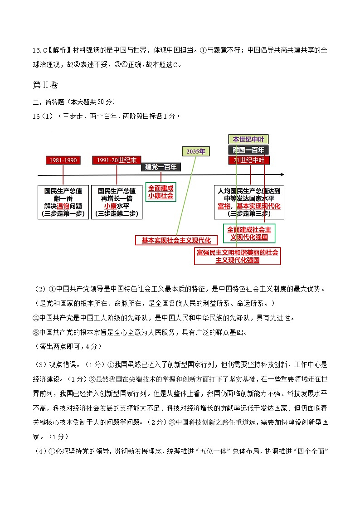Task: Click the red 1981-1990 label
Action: coord(63,160)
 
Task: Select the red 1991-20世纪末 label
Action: coord(117,160)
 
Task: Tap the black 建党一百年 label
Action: coord(161,167)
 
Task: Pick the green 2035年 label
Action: coord(195,151)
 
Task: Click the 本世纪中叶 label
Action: coord(248,139)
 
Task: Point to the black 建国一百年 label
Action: coord(248,150)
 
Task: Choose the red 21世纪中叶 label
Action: coord(248,160)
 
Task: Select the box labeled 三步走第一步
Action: coord(63,202)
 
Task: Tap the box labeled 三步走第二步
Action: coord(117,202)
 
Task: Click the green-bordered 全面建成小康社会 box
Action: coord(161,192)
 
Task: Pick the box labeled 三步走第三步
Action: coord(249,202)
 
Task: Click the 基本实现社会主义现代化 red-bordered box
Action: coord(176,240)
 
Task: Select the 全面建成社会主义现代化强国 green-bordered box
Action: coord(249,233)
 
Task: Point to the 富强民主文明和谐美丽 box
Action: coord(237,256)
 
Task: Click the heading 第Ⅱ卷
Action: coord(46,85)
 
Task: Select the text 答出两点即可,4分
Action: coord(68,346)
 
